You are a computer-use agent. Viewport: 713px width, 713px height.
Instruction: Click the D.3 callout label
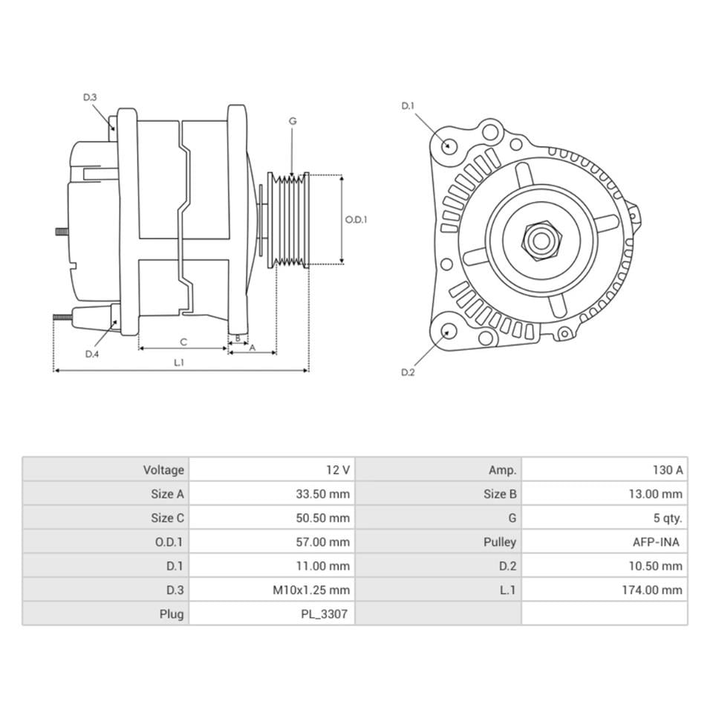pyautogui.click(x=90, y=97)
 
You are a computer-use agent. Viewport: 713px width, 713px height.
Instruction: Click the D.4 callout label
pyautogui.click(x=91, y=354)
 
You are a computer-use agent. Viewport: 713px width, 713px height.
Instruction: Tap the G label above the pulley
pyautogui.click(x=293, y=121)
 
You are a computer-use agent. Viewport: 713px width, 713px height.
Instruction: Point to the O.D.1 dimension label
pyautogui.click(x=356, y=220)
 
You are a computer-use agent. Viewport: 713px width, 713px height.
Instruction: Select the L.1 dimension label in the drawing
pyautogui.click(x=179, y=362)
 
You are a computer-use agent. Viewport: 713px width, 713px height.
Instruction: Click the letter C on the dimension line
pyautogui.click(x=183, y=342)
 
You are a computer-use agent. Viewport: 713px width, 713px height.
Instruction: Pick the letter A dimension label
pyautogui.click(x=252, y=348)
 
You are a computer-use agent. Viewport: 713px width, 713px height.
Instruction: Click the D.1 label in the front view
pyautogui.click(x=408, y=106)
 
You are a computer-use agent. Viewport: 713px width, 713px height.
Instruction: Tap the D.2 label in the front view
pyautogui.click(x=408, y=372)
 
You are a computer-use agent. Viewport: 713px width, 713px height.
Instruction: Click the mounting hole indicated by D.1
pyautogui.click(x=448, y=145)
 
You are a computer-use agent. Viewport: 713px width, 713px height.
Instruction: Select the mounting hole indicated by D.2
pyautogui.click(x=448, y=331)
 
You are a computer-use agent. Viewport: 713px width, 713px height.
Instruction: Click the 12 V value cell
pyautogui.click(x=337, y=470)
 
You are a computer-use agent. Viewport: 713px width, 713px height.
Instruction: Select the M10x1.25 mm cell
pyautogui.click(x=311, y=590)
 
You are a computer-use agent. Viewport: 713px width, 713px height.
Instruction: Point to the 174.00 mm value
pyautogui.click(x=651, y=590)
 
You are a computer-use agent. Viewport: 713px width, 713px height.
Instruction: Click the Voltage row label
pyautogui.click(x=163, y=470)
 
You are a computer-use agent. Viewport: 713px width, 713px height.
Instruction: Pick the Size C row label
pyautogui.click(x=167, y=518)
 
